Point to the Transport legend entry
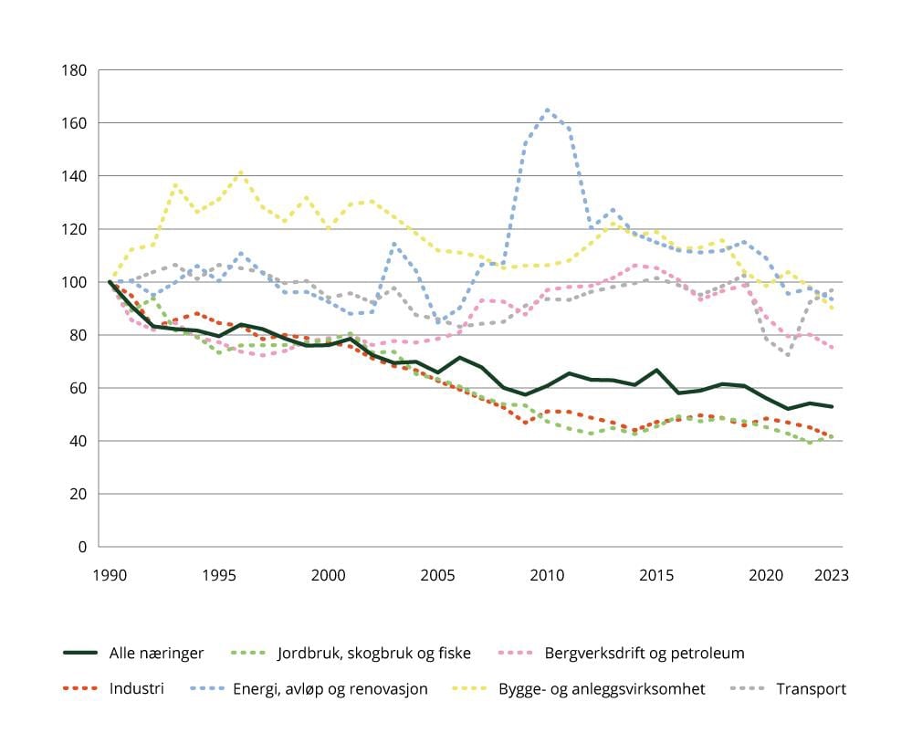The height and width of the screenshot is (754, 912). coord(811,688)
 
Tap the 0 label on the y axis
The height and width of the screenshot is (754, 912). coord(82,547)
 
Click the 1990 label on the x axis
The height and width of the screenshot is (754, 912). coord(110,576)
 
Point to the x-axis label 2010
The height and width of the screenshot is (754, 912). coord(547,576)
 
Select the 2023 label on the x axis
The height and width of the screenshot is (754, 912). coord(832,576)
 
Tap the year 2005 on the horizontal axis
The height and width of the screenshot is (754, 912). coord(437,576)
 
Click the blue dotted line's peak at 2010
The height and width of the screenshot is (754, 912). coord(548,110)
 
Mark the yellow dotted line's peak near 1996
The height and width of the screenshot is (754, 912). coord(241,172)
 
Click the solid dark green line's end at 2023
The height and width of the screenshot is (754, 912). coord(832,406)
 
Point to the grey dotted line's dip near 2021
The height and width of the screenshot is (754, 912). coord(788,354)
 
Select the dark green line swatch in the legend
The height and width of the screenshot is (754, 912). coord(80,653)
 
